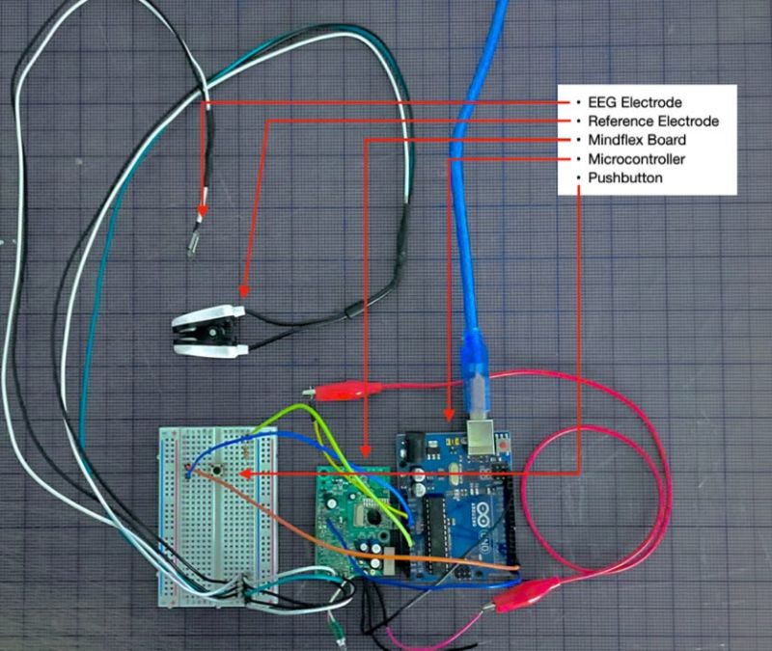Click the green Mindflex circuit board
(353, 516)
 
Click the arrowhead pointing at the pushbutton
(245, 473)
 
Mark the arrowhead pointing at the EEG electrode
(202, 215)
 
